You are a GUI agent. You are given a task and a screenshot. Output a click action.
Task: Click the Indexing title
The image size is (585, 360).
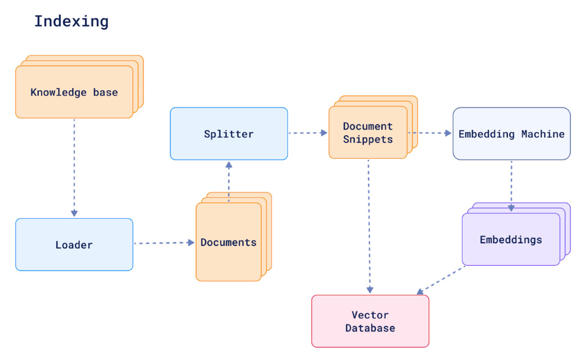[x=71, y=22]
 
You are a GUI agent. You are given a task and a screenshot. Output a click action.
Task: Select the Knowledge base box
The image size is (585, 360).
[x=74, y=92]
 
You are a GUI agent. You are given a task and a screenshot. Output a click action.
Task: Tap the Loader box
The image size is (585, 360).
[x=74, y=245]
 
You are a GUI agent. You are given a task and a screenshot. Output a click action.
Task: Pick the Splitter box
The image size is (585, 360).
[x=229, y=134]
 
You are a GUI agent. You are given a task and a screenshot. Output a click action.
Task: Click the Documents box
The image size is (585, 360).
[x=229, y=242]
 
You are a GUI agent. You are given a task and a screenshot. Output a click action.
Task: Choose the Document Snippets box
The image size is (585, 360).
[x=368, y=133]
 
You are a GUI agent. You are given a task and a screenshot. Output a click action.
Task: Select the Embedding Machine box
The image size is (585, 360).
[x=511, y=134]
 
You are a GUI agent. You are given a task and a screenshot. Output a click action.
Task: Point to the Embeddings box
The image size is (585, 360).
[x=511, y=239]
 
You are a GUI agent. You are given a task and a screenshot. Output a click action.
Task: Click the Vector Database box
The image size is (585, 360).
[x=370, y=321]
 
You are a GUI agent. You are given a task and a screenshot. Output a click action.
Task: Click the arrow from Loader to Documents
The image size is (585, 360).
[x=164, y=243]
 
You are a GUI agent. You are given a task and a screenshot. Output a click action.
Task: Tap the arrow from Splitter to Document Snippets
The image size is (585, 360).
[x=308, y=133]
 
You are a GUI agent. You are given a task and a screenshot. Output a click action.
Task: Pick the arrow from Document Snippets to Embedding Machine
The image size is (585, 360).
[x=430, y=133]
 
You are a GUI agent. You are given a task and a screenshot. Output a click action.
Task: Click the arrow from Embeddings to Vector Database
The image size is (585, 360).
[x=441, y=281]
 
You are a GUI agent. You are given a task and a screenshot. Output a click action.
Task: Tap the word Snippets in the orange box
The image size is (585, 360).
[x=368, y=139]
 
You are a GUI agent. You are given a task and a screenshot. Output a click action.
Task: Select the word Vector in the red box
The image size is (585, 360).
[x=370, y=315]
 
